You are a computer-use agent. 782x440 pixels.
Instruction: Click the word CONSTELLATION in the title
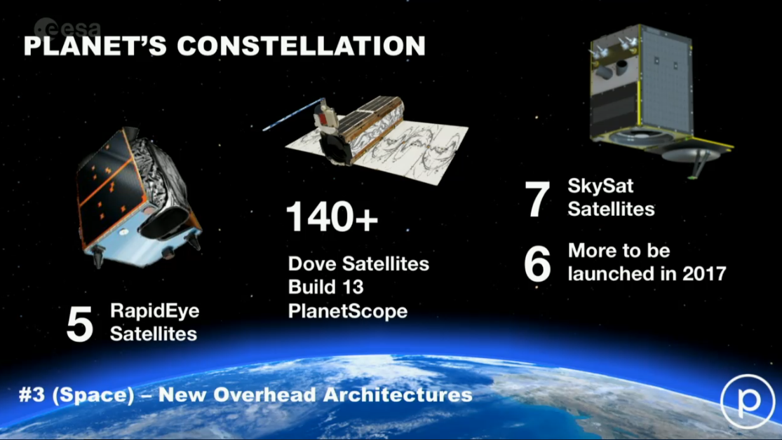302,46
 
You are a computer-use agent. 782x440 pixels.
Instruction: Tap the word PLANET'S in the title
95,46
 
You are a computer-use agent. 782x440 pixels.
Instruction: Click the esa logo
67,28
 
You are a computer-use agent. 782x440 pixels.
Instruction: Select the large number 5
80,324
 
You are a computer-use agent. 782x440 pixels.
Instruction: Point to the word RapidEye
154,312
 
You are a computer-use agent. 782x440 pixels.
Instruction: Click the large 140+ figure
332,216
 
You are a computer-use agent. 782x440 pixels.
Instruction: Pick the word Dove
312,263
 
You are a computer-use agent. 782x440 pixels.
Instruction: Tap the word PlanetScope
348,312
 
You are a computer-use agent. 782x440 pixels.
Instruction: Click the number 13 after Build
353,287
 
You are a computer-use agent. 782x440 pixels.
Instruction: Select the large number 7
538,199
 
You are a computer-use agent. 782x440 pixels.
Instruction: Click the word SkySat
600,186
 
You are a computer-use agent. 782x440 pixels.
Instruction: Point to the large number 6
538,263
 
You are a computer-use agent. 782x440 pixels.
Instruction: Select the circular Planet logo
747,401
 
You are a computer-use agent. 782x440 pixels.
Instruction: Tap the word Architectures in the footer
398,395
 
